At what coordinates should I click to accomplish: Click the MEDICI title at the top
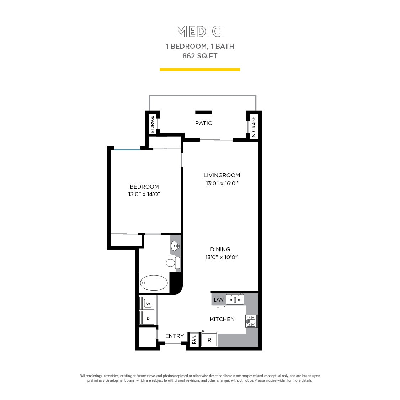200,32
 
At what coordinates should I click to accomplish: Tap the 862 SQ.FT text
200,56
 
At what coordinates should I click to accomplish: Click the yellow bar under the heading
200,70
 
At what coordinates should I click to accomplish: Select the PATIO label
204,123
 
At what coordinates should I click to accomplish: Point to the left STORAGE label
152,124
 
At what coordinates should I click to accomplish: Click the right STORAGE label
254,127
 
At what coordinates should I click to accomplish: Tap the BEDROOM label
144,187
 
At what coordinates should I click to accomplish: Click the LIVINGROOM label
222,175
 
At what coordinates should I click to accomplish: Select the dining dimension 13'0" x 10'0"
221,257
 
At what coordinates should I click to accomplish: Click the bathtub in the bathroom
154,283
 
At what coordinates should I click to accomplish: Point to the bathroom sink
175,246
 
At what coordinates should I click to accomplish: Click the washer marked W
148,304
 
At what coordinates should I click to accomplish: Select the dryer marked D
148,318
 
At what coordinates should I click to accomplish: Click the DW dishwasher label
219,300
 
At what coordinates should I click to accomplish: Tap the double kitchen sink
235,300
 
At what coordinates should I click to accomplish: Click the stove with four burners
251,321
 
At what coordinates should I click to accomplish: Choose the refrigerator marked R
209,340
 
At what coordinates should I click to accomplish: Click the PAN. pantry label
194,340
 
